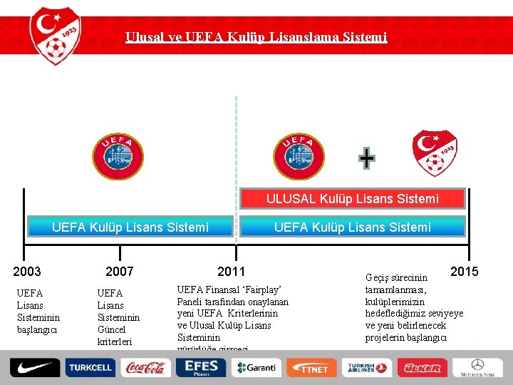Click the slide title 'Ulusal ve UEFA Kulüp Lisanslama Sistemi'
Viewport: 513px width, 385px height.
(x=256, y=36)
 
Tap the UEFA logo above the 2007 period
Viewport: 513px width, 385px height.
(x=118, y=155)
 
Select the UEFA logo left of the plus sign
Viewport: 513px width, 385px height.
(x=299, y=155)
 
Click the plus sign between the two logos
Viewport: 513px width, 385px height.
(x=366, y=158)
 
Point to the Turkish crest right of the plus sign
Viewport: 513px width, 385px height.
(x=435, y=153)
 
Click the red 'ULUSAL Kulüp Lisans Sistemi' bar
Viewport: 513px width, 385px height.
(x=353, y=198)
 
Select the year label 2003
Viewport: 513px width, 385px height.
(x=27, y=272)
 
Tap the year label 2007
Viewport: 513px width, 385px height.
(x=119, y=272)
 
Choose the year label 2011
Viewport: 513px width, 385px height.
(x=231, y=272)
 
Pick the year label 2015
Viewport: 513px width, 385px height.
(x=464, y=272)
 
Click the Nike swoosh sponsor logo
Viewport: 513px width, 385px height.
(x=33, y=368)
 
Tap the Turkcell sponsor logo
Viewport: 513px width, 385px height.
(x=89, y=368)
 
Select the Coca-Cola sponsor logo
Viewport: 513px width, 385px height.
(x=145, y=368)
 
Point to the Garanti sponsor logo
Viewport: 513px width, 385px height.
(x=256, y=368)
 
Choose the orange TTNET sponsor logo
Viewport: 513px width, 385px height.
(x=311, y=368)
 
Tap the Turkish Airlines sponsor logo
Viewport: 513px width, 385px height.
(x=366, y=368)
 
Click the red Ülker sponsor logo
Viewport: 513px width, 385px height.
(x=422, y=368)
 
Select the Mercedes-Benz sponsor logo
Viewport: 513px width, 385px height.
(x=477, y=368)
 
